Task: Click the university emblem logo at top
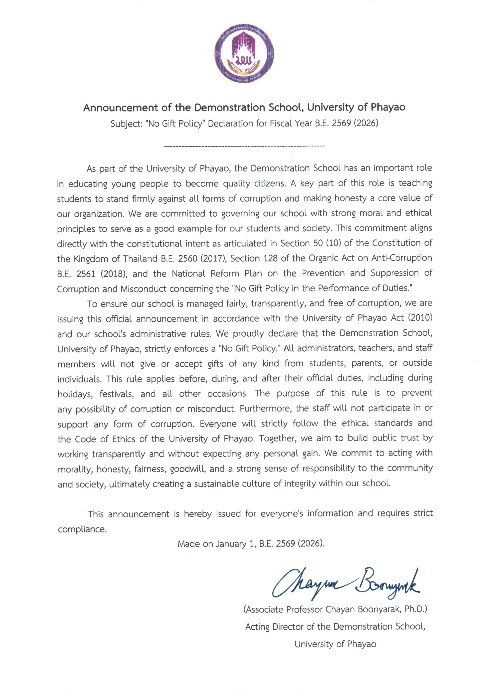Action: pyautogui.click(x=244, y=53)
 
